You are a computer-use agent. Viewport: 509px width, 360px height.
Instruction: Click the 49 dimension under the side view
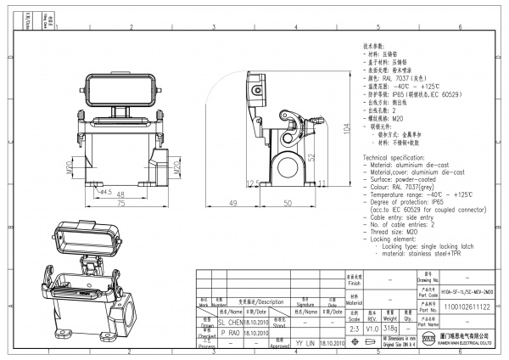[232, 204]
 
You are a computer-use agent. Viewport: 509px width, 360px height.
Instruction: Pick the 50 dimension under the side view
[288, 204]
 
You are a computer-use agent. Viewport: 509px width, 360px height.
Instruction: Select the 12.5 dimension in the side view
[251, 183]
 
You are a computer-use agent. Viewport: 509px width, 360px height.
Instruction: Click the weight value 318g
[391, 326]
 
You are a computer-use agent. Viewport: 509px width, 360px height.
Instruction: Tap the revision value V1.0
[372, 326]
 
